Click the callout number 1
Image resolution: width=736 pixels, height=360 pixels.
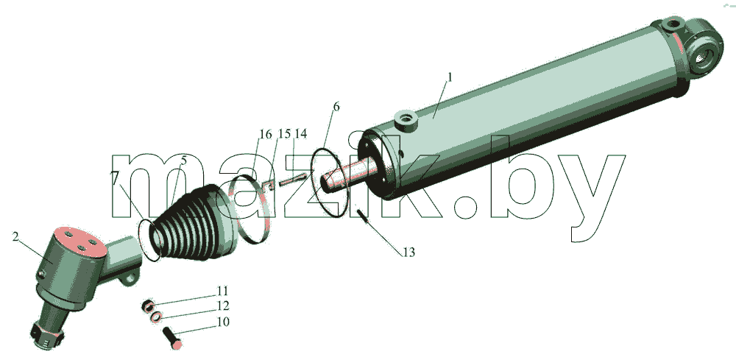click(449, 77)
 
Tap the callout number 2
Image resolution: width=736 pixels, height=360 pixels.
click(15, 236)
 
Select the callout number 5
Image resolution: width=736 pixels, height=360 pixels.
click(183, 160)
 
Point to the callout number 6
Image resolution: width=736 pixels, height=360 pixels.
click(336, 107)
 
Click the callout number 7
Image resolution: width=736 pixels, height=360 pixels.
click(115, 177)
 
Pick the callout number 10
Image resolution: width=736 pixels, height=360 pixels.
click(223, 322)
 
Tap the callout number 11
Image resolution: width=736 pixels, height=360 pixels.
click(222, 291)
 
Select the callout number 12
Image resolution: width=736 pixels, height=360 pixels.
click(223, 306)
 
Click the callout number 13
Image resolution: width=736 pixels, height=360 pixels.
click(408, 253)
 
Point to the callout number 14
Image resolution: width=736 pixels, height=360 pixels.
click(301, 134)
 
